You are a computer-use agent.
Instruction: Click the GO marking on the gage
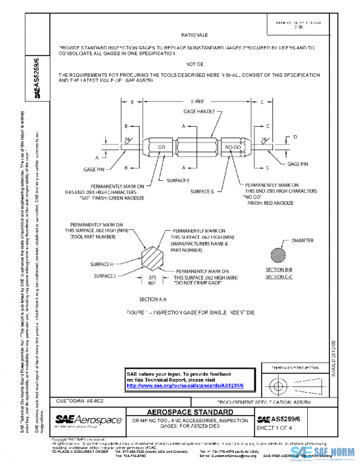click(x=161, y=147)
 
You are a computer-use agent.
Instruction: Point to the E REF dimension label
click(x=195, y=102)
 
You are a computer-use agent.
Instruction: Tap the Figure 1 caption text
click(x=194, y=313)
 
